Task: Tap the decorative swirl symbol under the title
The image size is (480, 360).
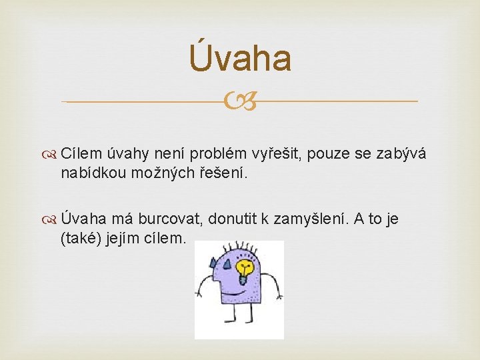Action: pos(240,102)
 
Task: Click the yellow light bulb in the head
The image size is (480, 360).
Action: pos(246,269)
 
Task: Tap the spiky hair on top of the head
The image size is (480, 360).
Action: pos(243,247)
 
